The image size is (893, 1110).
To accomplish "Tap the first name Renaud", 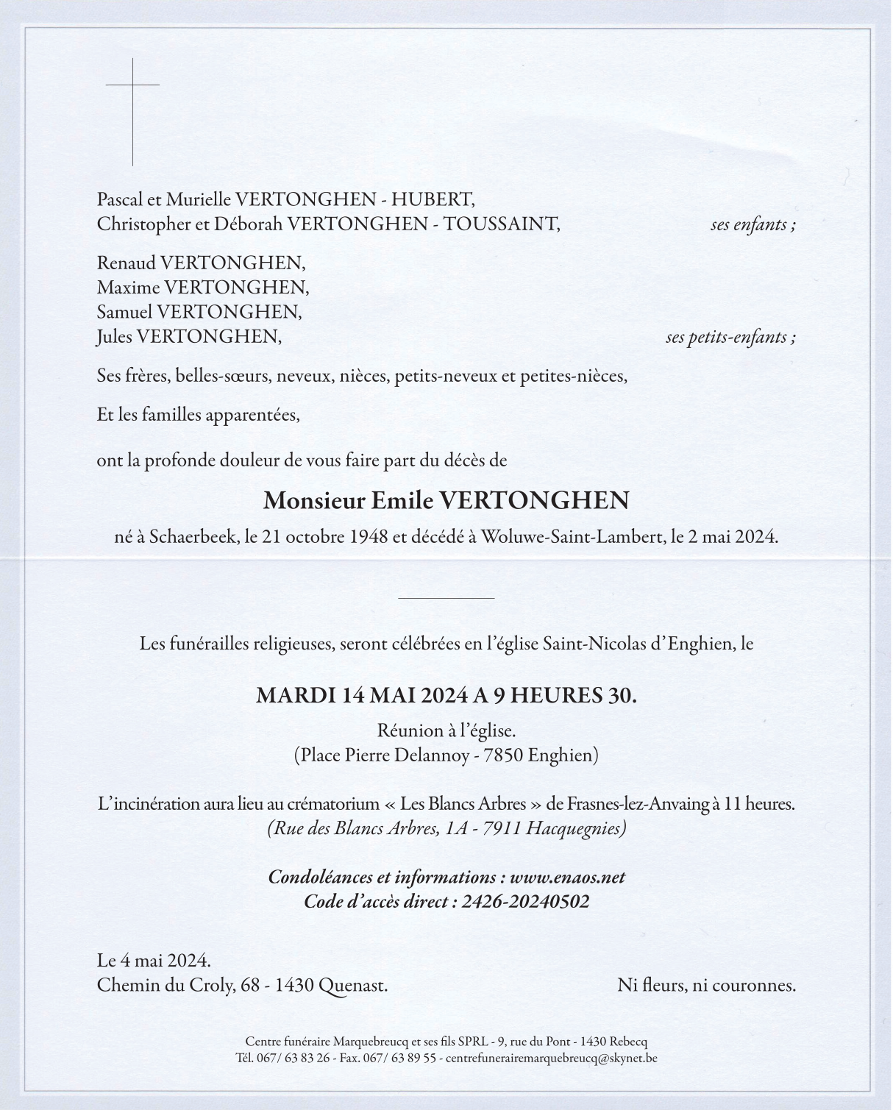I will pos(126,263).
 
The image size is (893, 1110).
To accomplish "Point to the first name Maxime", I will pos(128,287).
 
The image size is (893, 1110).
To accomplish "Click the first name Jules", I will pos(114,337).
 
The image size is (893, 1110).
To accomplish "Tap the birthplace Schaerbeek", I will pos(193,537).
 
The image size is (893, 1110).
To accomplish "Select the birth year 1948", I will pos(369,537).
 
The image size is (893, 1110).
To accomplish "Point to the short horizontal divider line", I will pos(446,598).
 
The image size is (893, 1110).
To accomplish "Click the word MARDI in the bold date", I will pos(295,695).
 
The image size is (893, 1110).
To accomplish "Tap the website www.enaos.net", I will pos(567,878).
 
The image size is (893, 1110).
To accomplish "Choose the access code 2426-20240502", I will pos(525,902).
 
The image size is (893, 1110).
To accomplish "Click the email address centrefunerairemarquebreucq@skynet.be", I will pos(551,1059).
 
